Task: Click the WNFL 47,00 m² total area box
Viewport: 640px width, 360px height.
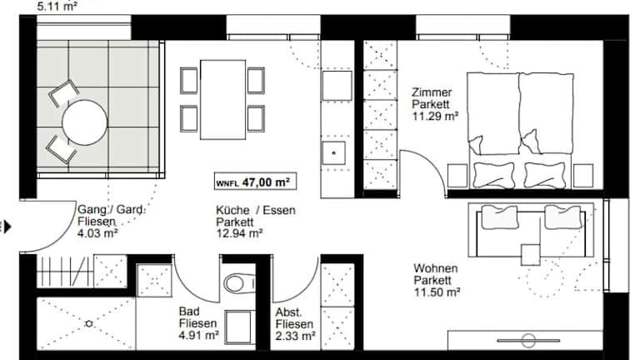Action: click(255, 182)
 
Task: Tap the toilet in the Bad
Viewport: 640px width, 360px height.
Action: click(239, 282)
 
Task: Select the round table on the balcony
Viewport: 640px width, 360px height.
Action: click(84, 122)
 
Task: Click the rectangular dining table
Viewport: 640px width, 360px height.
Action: click(222, 100)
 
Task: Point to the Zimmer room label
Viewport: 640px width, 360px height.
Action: click(432, 92)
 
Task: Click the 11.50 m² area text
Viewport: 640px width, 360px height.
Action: click(437, 292)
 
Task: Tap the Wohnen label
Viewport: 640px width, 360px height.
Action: click(436, 268)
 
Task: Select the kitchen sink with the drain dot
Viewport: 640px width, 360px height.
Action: click(334, 153)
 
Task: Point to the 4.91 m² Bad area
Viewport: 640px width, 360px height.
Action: click(199, 335)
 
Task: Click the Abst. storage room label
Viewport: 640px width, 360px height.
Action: click(288, 312)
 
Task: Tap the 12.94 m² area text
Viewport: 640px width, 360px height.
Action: click(239, 233)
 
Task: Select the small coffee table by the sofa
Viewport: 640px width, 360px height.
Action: click(531, 254)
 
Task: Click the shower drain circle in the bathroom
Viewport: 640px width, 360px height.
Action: click(88, 323)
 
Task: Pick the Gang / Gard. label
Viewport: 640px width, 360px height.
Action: click(111, 210)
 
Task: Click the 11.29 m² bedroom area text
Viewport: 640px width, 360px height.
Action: click(435, 116)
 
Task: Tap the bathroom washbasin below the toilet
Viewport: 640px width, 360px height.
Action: click(239, 327)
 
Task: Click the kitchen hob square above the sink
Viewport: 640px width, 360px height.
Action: click(337, 86)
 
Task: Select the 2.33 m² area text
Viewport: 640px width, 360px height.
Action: click(295, 336)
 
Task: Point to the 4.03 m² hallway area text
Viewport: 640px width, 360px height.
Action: click(97, 233)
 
